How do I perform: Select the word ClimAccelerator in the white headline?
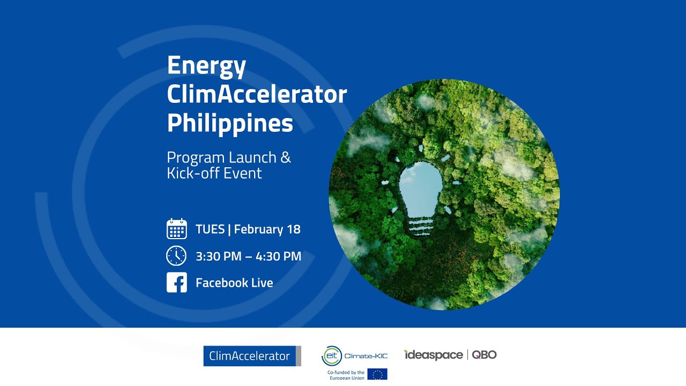pyautogui.click(x=257, y=95)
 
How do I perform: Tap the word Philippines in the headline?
pyautogui.click(x=230, y=123)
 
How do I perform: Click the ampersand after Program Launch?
pyautogui.click(x=286, y=158)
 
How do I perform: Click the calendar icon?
pyautogui.click(x=176, y=229)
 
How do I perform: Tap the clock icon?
pyautogui.click(x=176, y=256)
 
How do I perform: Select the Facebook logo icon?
pyautogui.click(x=176, y=283)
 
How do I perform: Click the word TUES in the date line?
pyautogui.click(x=210, y=229)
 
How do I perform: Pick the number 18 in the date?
pyautogui.click(x=294, y=229)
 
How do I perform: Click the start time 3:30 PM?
pyautogui.click(x=218, y=256)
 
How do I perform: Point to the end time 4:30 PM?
pyautogui.click(x=279, y=256)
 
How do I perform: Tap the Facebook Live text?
pyautogui.click(x=234, y=283)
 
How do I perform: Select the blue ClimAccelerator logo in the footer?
pyautogui.click(x=251, y=356)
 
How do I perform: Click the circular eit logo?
pyautogui.click(x=331, y=356)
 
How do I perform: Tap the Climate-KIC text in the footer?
pyautogui.click(x=366, y=355)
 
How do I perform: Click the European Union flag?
pyautogui.click(x=377, y=374)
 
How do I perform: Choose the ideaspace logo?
pyautogui.click(x=434, y=355)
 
